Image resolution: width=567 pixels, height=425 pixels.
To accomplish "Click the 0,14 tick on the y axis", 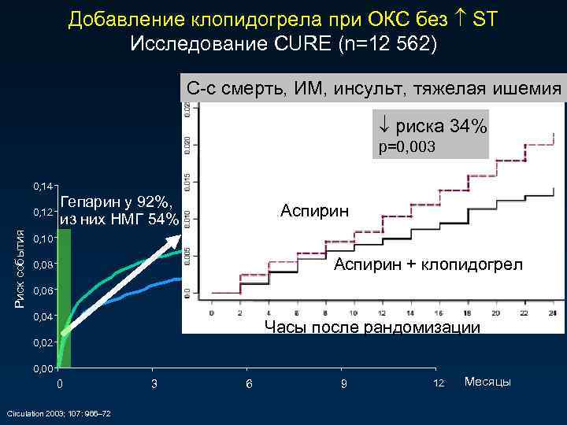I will pos(43,187).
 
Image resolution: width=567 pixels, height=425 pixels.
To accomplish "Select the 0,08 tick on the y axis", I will pos(43,264).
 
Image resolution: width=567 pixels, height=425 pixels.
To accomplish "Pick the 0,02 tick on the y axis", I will pos(43,343).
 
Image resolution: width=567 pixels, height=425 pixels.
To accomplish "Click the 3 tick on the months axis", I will pos(154,383).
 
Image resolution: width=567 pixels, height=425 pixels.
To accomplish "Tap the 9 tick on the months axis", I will pos(343,383).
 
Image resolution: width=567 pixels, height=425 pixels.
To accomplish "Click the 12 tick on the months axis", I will pos(439,383).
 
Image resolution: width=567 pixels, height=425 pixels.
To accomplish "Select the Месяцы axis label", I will pos(487,382).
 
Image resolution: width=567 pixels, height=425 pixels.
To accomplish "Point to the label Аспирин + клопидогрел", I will pos(428,264).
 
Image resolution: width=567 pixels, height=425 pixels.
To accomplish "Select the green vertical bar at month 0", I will pos(65,299).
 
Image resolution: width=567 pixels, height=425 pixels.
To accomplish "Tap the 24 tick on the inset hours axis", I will pos(552,312).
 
